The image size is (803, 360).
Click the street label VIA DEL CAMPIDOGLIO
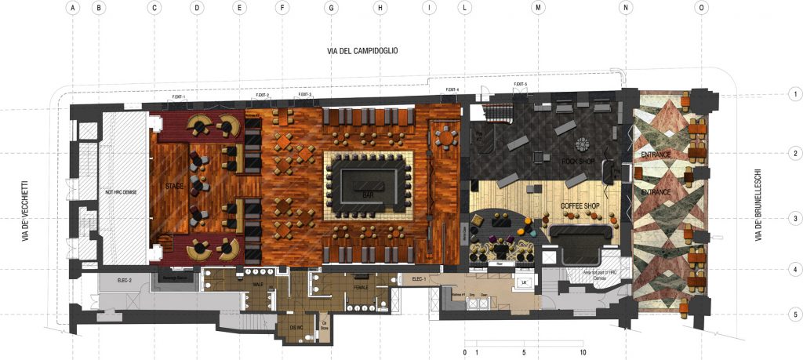[x=363, y=51]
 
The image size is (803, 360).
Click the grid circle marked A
[x=73, y=9]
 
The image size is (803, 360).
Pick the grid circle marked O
[x=701, y=9]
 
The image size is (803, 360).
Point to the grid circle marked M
[x=538, y=9]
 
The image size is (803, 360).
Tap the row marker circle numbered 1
[x=794, y=94]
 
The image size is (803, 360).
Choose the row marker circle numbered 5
[x=794, y=315]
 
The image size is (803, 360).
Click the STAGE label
[x=174, y=187]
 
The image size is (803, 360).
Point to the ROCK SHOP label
[x=577, y=161]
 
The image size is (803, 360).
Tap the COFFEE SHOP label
[x=580, y=206]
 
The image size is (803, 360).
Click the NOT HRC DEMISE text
[x=121, y=192]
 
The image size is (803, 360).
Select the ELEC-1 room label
[x=418, y=279]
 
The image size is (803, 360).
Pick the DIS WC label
[x=297, y=328]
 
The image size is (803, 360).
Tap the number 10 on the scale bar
[x=583, y=352]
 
